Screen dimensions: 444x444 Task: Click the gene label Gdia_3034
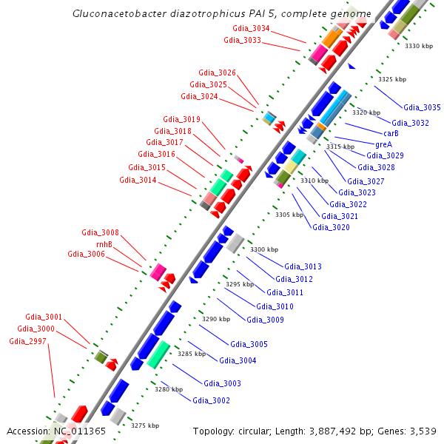(x=251, y=29)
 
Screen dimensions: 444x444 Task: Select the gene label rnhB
(x=104, y=243)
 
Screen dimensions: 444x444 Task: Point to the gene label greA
(x=383, y=144)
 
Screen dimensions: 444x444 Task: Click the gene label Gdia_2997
(x=27, y=341)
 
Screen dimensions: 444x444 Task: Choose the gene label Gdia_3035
(x=422, y=107)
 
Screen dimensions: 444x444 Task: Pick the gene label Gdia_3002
(x=211, y=400)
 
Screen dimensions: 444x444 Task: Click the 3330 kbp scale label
(x=418, y=46)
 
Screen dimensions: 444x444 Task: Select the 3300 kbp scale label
(x=264, y=249)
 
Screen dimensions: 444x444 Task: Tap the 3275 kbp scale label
(x=144, y=425)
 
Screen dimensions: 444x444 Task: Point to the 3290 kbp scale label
(x=216, y=319)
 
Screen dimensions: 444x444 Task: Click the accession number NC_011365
(x=80, y=431)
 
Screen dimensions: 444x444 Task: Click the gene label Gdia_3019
(x=181, y=119)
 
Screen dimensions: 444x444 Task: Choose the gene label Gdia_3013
(x=303, y=266)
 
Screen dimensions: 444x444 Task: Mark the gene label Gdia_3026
(x=217, y=73)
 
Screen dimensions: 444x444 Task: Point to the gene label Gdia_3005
(x=249, y=344)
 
